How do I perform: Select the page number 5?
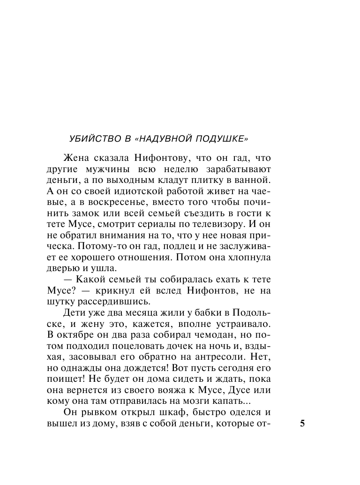pos(302,424)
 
